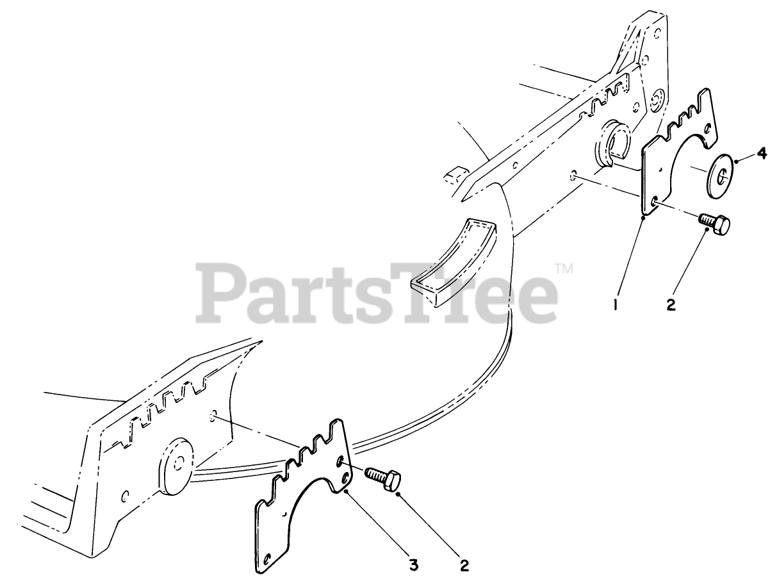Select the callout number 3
414,564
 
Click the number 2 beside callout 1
671,306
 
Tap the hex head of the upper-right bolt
721,225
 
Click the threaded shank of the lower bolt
373,475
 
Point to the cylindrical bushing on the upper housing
612,146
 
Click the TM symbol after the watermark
563,268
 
